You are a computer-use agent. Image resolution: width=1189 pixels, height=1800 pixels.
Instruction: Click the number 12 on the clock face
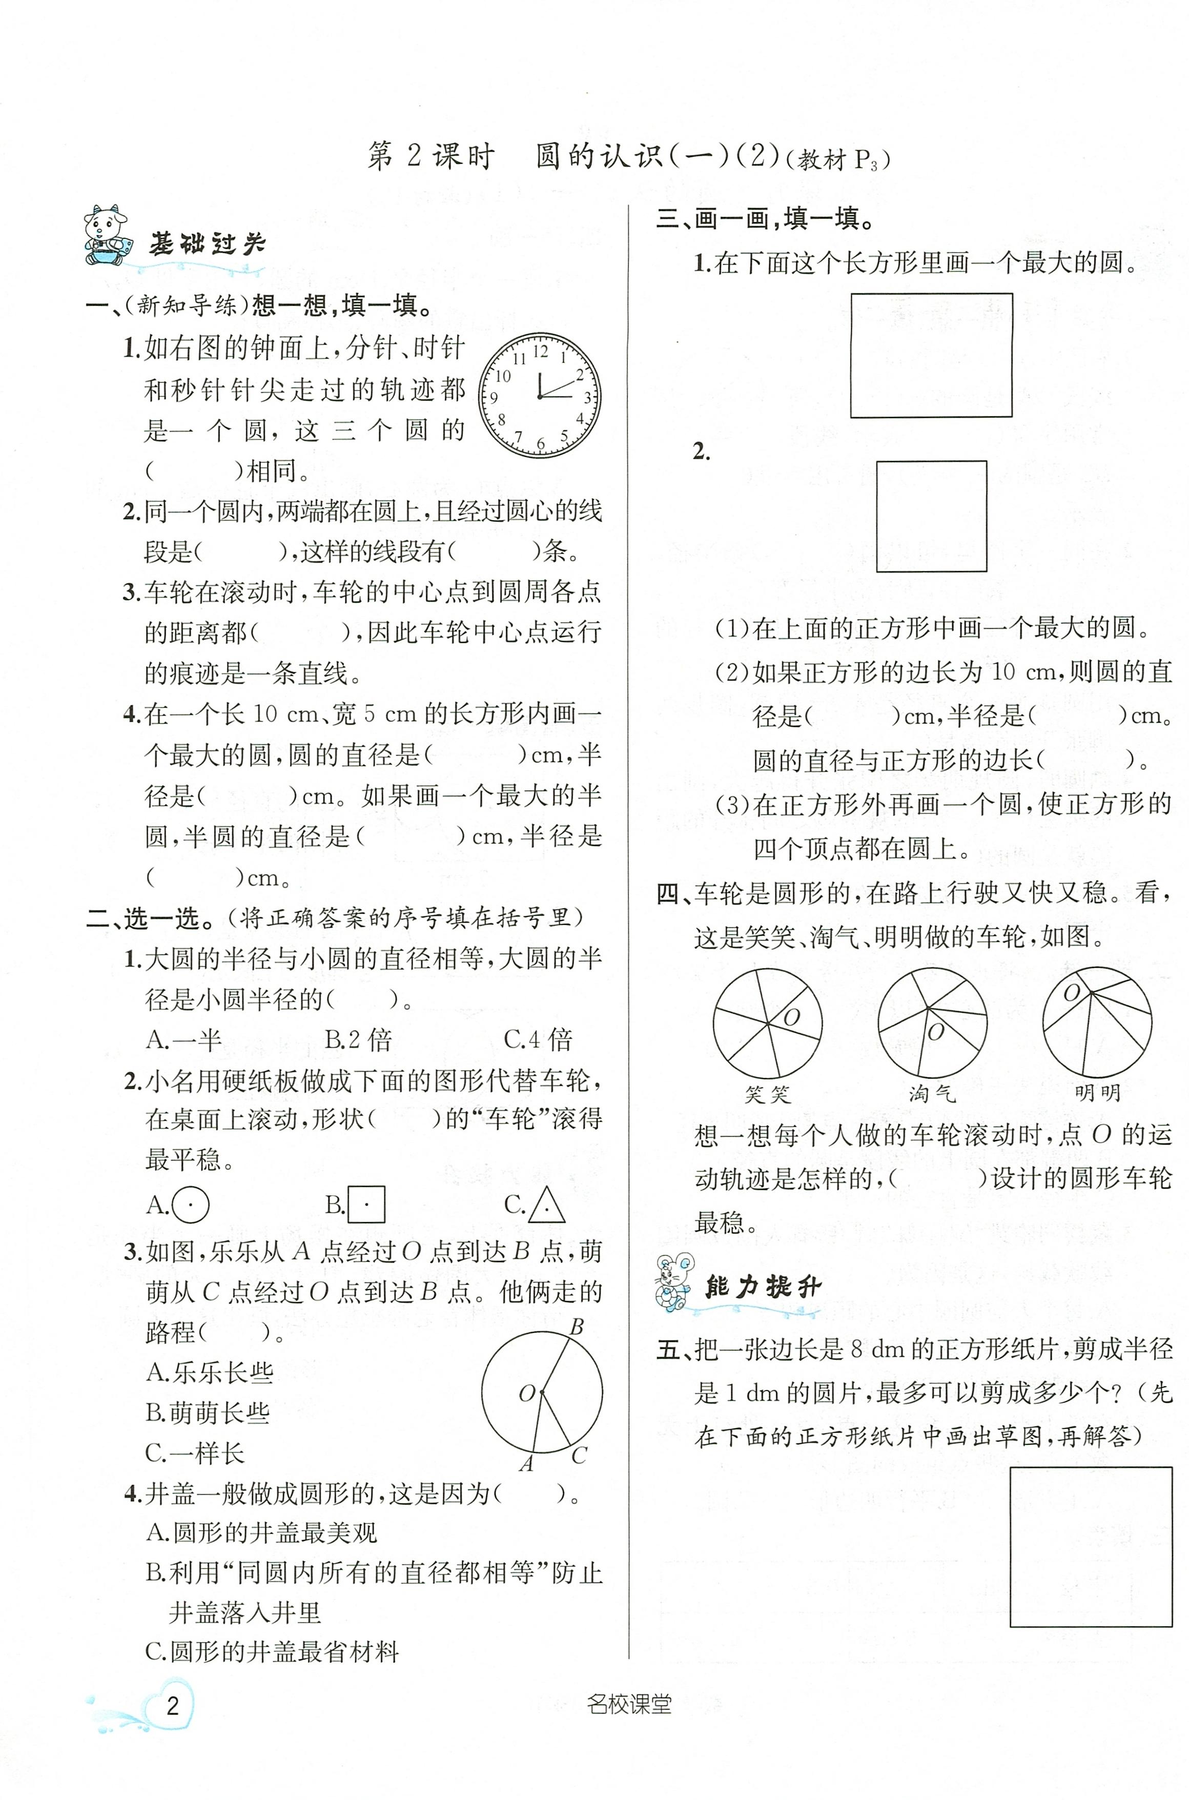click(x=540, y=352)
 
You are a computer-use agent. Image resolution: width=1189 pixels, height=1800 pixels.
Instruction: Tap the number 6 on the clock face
click(x=541, y=443)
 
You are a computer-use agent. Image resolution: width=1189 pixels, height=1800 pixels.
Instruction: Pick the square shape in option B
click(x=366, y=1205)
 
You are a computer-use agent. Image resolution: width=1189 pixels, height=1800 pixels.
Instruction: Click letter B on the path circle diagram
click(x=577, y=1327)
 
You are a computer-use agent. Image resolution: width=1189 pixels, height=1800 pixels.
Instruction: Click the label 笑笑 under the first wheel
click(x=767, y=1094)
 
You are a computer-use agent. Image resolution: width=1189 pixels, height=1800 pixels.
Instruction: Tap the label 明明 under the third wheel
click(x=1097, y=1093)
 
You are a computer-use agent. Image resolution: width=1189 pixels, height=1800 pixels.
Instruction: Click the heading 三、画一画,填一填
click(x=766, y=219)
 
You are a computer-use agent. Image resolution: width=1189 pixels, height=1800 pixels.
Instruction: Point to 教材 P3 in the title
click(x=838, y=160)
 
